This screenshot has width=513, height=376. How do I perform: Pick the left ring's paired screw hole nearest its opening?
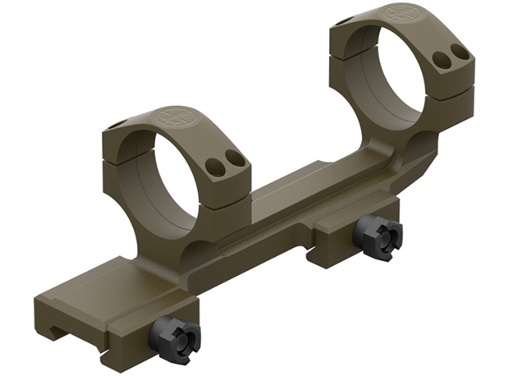coord(218,167)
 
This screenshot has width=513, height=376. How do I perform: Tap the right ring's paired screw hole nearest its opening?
coord(442,59)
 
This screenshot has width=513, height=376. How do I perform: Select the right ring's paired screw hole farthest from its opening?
coord(460,51)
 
